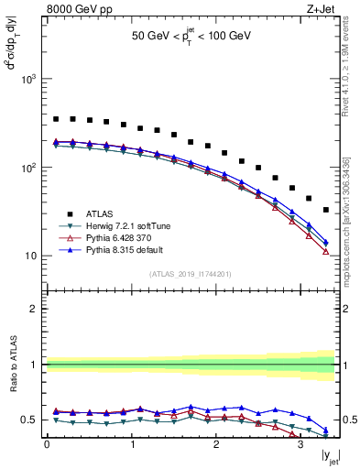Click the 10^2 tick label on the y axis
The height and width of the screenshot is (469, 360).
[x=30, y=169]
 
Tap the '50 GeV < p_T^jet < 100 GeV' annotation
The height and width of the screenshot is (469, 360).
[x=191, y=38]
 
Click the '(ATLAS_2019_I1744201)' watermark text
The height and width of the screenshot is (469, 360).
[x=191, y=274]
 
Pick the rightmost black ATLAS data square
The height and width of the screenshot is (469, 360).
[x=326, y=210]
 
